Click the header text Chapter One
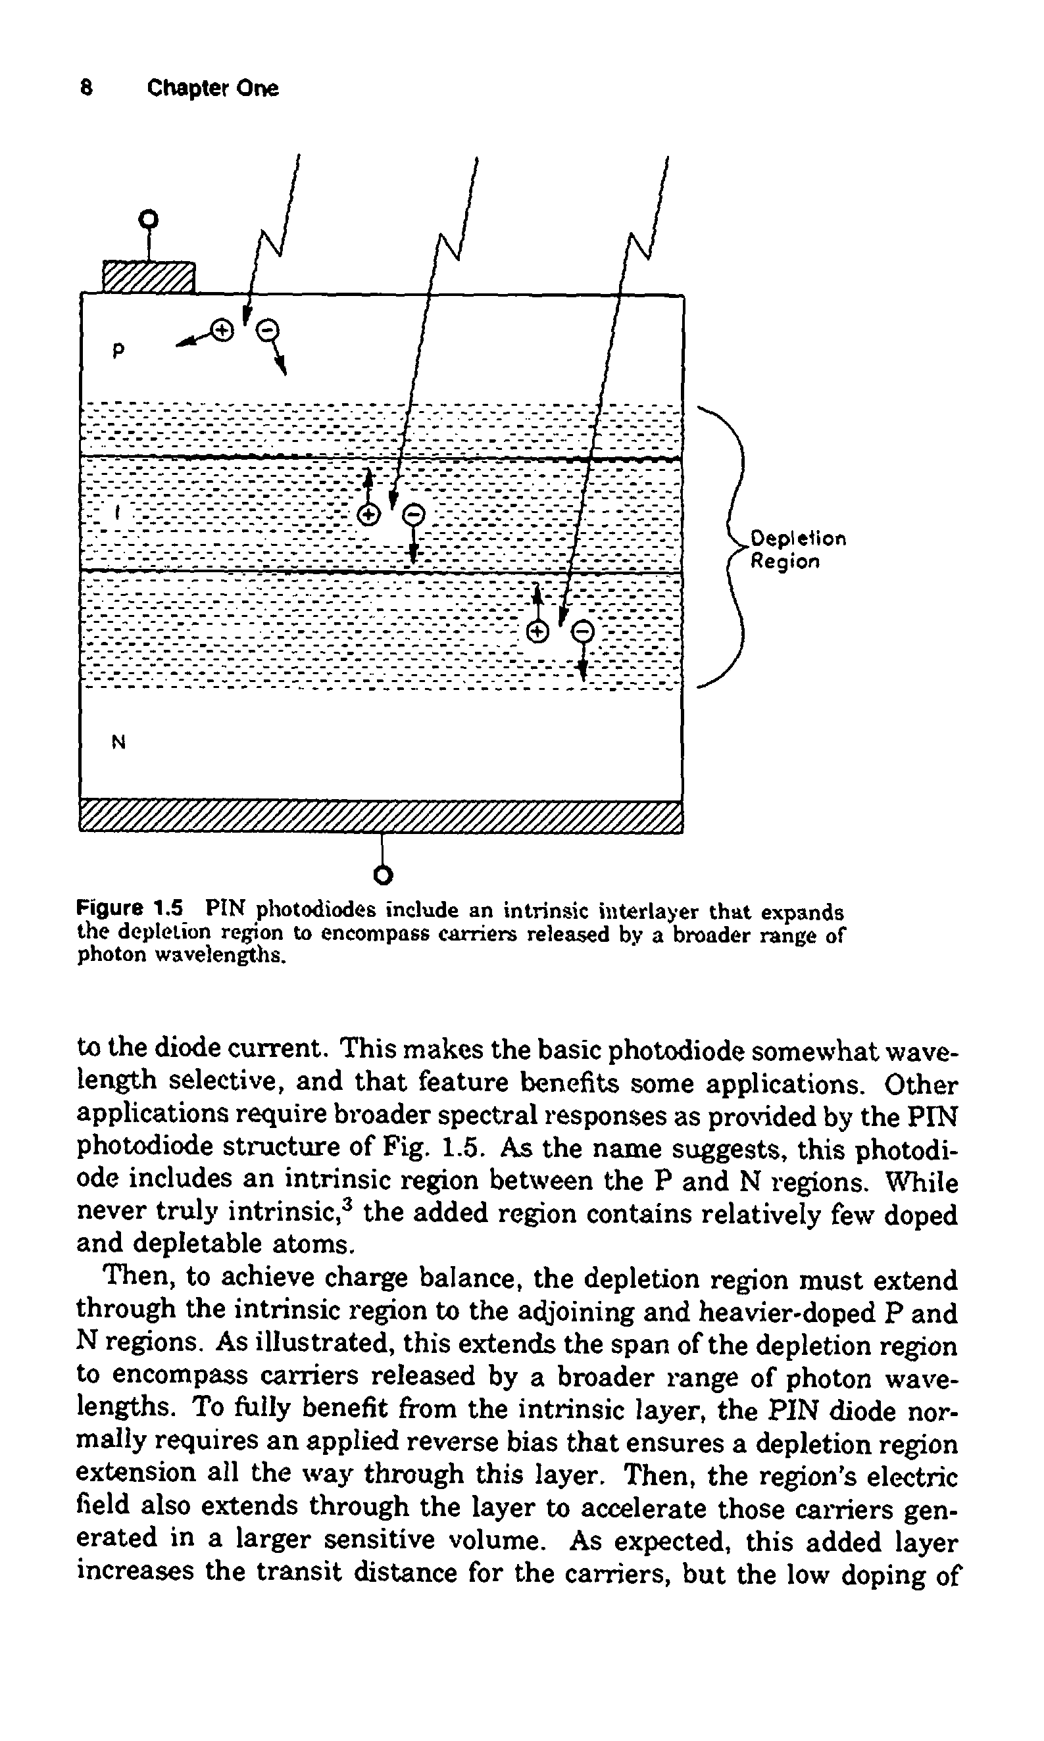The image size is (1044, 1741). pyautogui.click(x=212, y=88)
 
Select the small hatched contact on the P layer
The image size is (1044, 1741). pyautogui.click(x=149, y=276)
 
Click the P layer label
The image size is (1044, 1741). pyautogui.click(x=118, y=349)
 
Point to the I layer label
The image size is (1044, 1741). pyautogui.click(x=118, y=514)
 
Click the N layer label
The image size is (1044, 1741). pyautogui.click(x=118, y=742)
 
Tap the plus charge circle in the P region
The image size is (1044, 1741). pyautogui.click(x=222, y=329)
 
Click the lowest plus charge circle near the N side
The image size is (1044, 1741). pyautogui.click(x=537, y=631)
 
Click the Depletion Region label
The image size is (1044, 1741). pyautogui.click(x=797, y=550)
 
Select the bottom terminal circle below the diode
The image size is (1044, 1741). pyautogui.click(x=383, y=875)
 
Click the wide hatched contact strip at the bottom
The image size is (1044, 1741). pyautogui.click(x=381, y=816)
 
